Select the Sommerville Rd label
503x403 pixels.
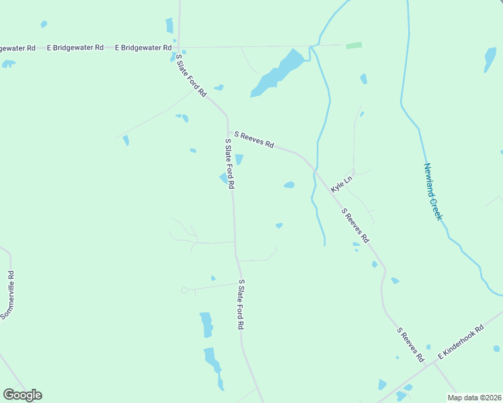[7, 295]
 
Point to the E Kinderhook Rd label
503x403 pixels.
[461, 342]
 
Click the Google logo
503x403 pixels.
[22, 395]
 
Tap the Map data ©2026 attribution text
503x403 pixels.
[473, 398]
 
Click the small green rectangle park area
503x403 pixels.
[354, 46]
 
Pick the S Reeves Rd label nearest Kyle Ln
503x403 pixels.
[355, 226]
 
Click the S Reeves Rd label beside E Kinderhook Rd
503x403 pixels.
[410, 345]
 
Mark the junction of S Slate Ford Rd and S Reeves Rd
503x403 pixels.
[228, 131]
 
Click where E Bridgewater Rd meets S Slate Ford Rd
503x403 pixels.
[178, 48]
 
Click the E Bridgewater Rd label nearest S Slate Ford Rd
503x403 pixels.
[143, 48]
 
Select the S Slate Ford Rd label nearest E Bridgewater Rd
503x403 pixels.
[191, 75]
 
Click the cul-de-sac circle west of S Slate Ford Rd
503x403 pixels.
[185, 290]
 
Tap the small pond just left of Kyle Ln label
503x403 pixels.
[289, 185]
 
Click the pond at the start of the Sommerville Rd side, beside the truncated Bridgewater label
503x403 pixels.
[9, 64]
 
